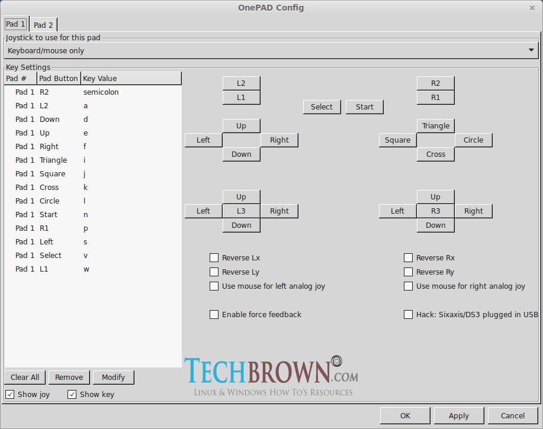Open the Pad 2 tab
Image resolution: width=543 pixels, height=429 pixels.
[43, 25]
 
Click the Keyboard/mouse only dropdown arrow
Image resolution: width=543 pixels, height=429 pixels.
[531, 50]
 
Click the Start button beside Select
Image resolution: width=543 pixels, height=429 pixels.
[365, 107]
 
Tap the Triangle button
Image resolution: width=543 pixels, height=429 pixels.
[436, 126]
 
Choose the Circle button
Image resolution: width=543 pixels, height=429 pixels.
[473, 140]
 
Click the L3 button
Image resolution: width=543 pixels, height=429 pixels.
[241, 211]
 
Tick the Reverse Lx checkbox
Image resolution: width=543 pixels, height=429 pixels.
[214, 258]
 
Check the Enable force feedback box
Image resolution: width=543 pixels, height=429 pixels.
[214, 315]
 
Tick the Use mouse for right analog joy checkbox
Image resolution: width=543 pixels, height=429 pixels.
[408, 286]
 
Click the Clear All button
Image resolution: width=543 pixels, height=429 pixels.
[25, 378]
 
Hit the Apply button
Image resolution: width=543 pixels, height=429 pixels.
[458, 416]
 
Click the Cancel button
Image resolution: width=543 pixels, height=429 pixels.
[513, 416]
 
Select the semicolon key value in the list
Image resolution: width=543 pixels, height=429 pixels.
[101, 92]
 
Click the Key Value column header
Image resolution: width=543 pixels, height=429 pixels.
[130, 79]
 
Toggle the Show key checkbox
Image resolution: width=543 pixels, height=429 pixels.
[72, 395]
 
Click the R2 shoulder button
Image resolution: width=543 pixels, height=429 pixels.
[436, 83]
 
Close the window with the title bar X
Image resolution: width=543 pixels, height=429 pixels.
[532, 8]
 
